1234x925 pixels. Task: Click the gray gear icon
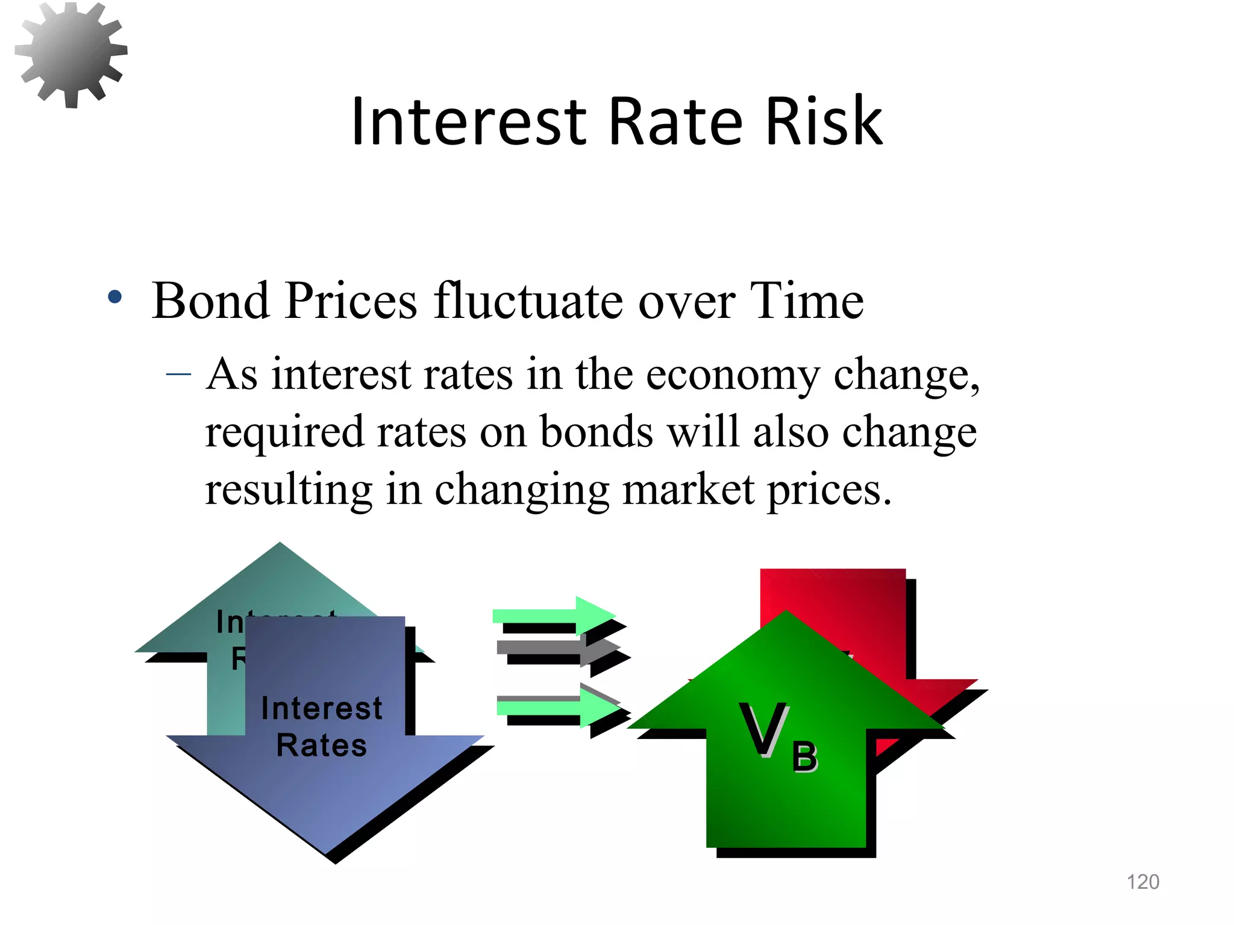(x=71, y=54)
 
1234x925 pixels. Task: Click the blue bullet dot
(x=114, y=296)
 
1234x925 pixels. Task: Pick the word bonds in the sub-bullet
(x=596, y=432)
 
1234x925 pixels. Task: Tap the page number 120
(x=1142, y=882)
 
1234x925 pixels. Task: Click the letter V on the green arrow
(x=763, y=729)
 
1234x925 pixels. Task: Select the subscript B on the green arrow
(x=804, y=757)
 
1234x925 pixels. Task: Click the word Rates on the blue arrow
(x=321, y=746)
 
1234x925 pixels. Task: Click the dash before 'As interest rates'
(x=178, y=375)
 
